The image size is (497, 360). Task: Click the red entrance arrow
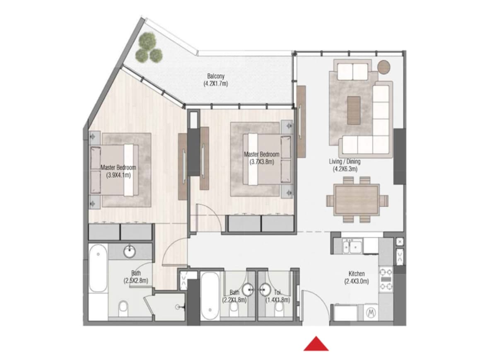(x=316, y=344)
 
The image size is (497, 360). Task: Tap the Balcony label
(x=216, y=76)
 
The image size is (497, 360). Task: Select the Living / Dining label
(x=345, y=162)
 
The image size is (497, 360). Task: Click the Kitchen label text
(x=356, y=274)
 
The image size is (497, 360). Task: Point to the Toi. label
(x=277, y=292)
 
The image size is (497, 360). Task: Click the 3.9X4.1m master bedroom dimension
(x=118, y=175)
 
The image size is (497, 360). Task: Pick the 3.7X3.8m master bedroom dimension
(x=262, y=162)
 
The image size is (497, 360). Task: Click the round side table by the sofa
(x=384, y=66)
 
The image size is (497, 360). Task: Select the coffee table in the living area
(x=354, y=110)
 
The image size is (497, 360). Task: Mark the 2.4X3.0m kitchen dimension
(x=356, y=281)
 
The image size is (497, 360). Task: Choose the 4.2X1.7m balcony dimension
(x=216, y=84)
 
